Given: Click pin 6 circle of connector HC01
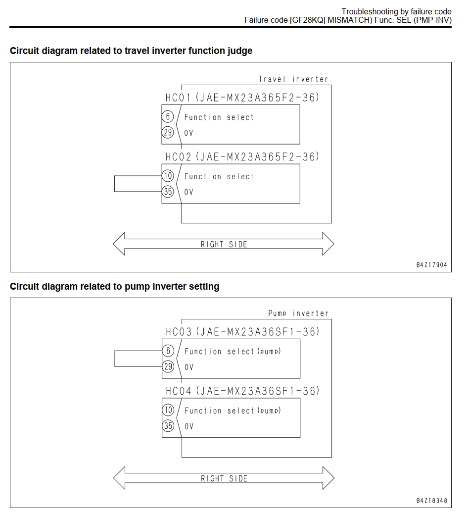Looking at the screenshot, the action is pyautogui.click(x=168, y=116).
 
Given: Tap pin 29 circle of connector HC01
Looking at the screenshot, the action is pyautogui.click(x=168, y=132).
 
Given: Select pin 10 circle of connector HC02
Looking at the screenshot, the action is pyautogui.click(x=168, y=176).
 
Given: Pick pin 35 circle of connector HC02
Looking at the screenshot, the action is pyautogui.click(x=168, y=192).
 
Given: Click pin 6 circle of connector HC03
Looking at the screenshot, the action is pyautogui.click(x=168, y=351).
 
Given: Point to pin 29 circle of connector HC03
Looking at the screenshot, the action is pyautogui.click(x=168, y=366).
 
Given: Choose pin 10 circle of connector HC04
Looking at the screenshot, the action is pyautogui.click(x=168, y=410).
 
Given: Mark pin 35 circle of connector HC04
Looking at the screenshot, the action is pyautogui.click(x=168, y=426).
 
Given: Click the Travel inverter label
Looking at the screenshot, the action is pyautogui.click(x=293, y=79).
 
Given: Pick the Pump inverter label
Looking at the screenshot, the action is pyautogui.click(x=298, y=313).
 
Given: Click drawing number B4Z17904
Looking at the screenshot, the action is pyautogui.click(x=431, y=265).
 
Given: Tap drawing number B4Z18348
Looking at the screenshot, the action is pyautogui.click(x=431, y=501).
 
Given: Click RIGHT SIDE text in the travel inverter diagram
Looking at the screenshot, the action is pyautogui.click(x=224, y=245).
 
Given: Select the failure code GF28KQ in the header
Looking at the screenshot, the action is pyautogui.click(x=308, y=20).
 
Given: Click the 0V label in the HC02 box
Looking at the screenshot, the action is pyautogui.click(x=188, y=193).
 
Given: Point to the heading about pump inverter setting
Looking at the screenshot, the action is pyautogui.click(x=115, y=287).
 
